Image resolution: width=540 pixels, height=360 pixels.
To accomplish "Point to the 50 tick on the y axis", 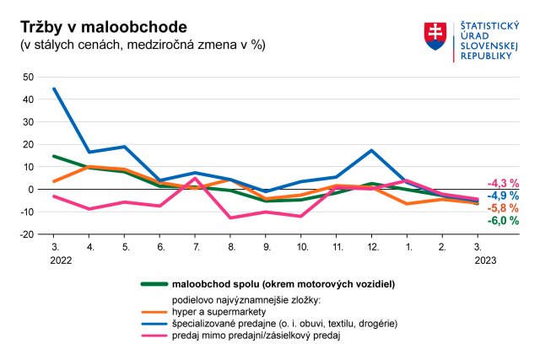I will click(28, 77).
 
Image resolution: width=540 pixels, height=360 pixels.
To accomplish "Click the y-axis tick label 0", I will click(30, 190).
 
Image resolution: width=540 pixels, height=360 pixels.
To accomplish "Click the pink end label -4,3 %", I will click(503, 183).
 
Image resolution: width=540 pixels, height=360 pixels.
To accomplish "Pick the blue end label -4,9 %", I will click(503, 196).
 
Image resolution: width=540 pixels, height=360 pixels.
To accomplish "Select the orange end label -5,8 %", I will click(503, 208).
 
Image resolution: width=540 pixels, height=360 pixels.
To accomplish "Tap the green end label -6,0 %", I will click(503, 221).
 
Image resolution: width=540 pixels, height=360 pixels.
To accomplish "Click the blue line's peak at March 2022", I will click(55, 89).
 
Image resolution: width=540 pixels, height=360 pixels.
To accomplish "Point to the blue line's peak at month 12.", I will click(371, 150).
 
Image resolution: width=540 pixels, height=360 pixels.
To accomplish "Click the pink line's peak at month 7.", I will click(195, 178).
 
